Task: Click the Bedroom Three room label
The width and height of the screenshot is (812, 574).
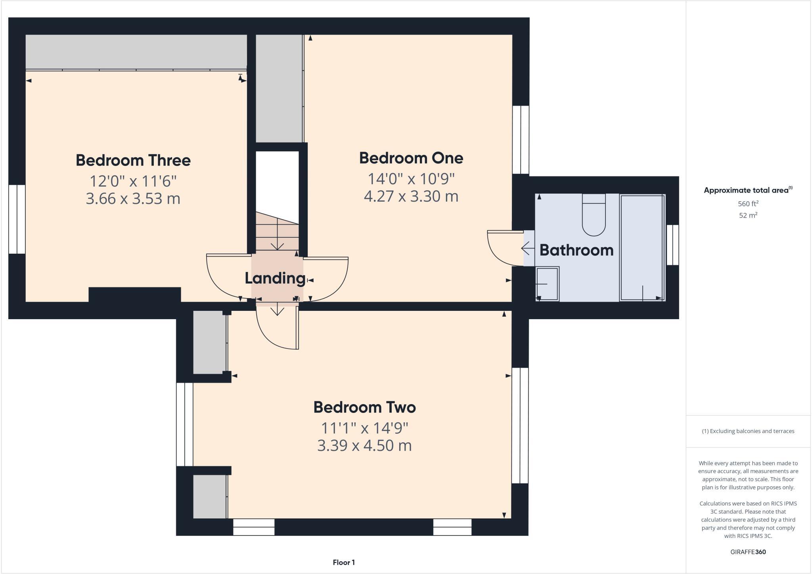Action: [133, 160]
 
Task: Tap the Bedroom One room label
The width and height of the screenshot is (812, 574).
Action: [411, 158]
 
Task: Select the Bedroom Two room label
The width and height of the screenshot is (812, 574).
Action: [364, 407]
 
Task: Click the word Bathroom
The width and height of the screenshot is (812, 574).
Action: [576, 250]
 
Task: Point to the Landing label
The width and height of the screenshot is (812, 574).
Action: [275, 278]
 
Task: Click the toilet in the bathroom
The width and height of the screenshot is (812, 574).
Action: [594, 216]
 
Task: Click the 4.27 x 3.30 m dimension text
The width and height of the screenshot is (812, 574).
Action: [411, 196]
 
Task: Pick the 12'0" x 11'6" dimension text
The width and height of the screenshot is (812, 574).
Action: [133, 181]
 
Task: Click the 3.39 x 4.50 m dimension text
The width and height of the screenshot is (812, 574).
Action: [364, 445]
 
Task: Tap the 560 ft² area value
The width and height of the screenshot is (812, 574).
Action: [748, 204]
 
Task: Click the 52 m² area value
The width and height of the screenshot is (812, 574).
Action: [748, 215]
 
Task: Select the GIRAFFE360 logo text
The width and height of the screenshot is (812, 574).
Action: [748, 552]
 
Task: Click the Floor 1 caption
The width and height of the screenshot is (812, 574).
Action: [344, 562]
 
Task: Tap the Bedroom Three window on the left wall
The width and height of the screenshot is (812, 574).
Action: [17, 219]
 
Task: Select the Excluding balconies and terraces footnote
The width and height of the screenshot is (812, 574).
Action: [748, 431]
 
